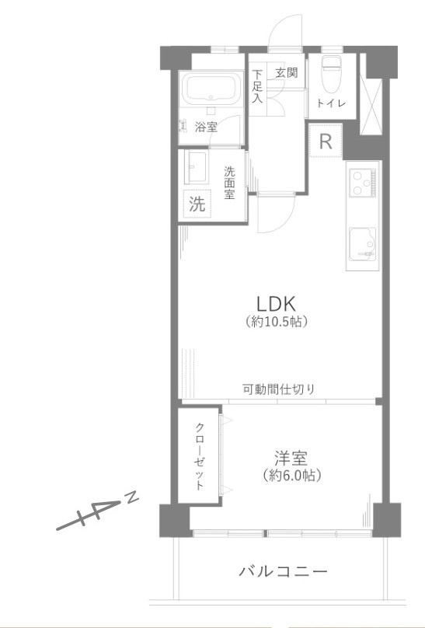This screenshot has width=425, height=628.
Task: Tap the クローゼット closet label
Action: point(200,456)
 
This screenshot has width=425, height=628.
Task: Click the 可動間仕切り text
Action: point(279,389)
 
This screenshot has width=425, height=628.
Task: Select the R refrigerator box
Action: point(326,142)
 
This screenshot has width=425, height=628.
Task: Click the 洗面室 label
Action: point(230,183)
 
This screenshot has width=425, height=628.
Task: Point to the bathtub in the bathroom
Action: point(209,91)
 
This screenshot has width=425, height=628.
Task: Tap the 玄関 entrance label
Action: point(287,74)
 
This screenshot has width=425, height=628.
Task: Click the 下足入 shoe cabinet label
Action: point(257,86)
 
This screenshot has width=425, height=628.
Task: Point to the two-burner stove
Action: point(361,184)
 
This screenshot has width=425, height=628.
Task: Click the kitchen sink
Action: point(362,243)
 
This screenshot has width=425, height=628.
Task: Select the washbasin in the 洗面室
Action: point(196,166)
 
